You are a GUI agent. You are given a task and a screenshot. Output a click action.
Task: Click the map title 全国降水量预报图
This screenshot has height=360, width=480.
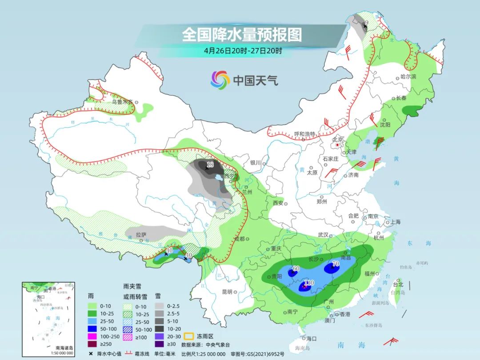pyautogui.click(x=242, y=34)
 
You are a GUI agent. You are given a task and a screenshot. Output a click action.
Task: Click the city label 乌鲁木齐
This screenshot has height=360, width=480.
pyautogui.click(x=122, y=102)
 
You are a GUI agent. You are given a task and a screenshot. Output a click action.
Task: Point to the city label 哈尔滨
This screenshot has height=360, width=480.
pyautogui.click(x=408, y=77)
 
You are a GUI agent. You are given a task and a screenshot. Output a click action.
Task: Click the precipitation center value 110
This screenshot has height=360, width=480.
pyautogui.click(x=309, y=283)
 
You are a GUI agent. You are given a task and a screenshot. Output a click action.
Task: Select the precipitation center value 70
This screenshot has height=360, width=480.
pyautogui.click(x=335, y=264)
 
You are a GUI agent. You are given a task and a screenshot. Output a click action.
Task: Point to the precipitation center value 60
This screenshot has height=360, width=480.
pyautogui.click(x=296, y=268)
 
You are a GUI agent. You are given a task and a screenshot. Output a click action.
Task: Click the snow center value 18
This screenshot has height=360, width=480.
pyautogui.click(x=210, y=165)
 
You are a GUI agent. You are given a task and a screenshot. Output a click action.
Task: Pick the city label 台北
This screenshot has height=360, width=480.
pyautogui.click(x=398, y=284)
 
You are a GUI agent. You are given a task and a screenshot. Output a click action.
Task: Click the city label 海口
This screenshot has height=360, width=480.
pyautogui.click(x=311, y=339)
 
